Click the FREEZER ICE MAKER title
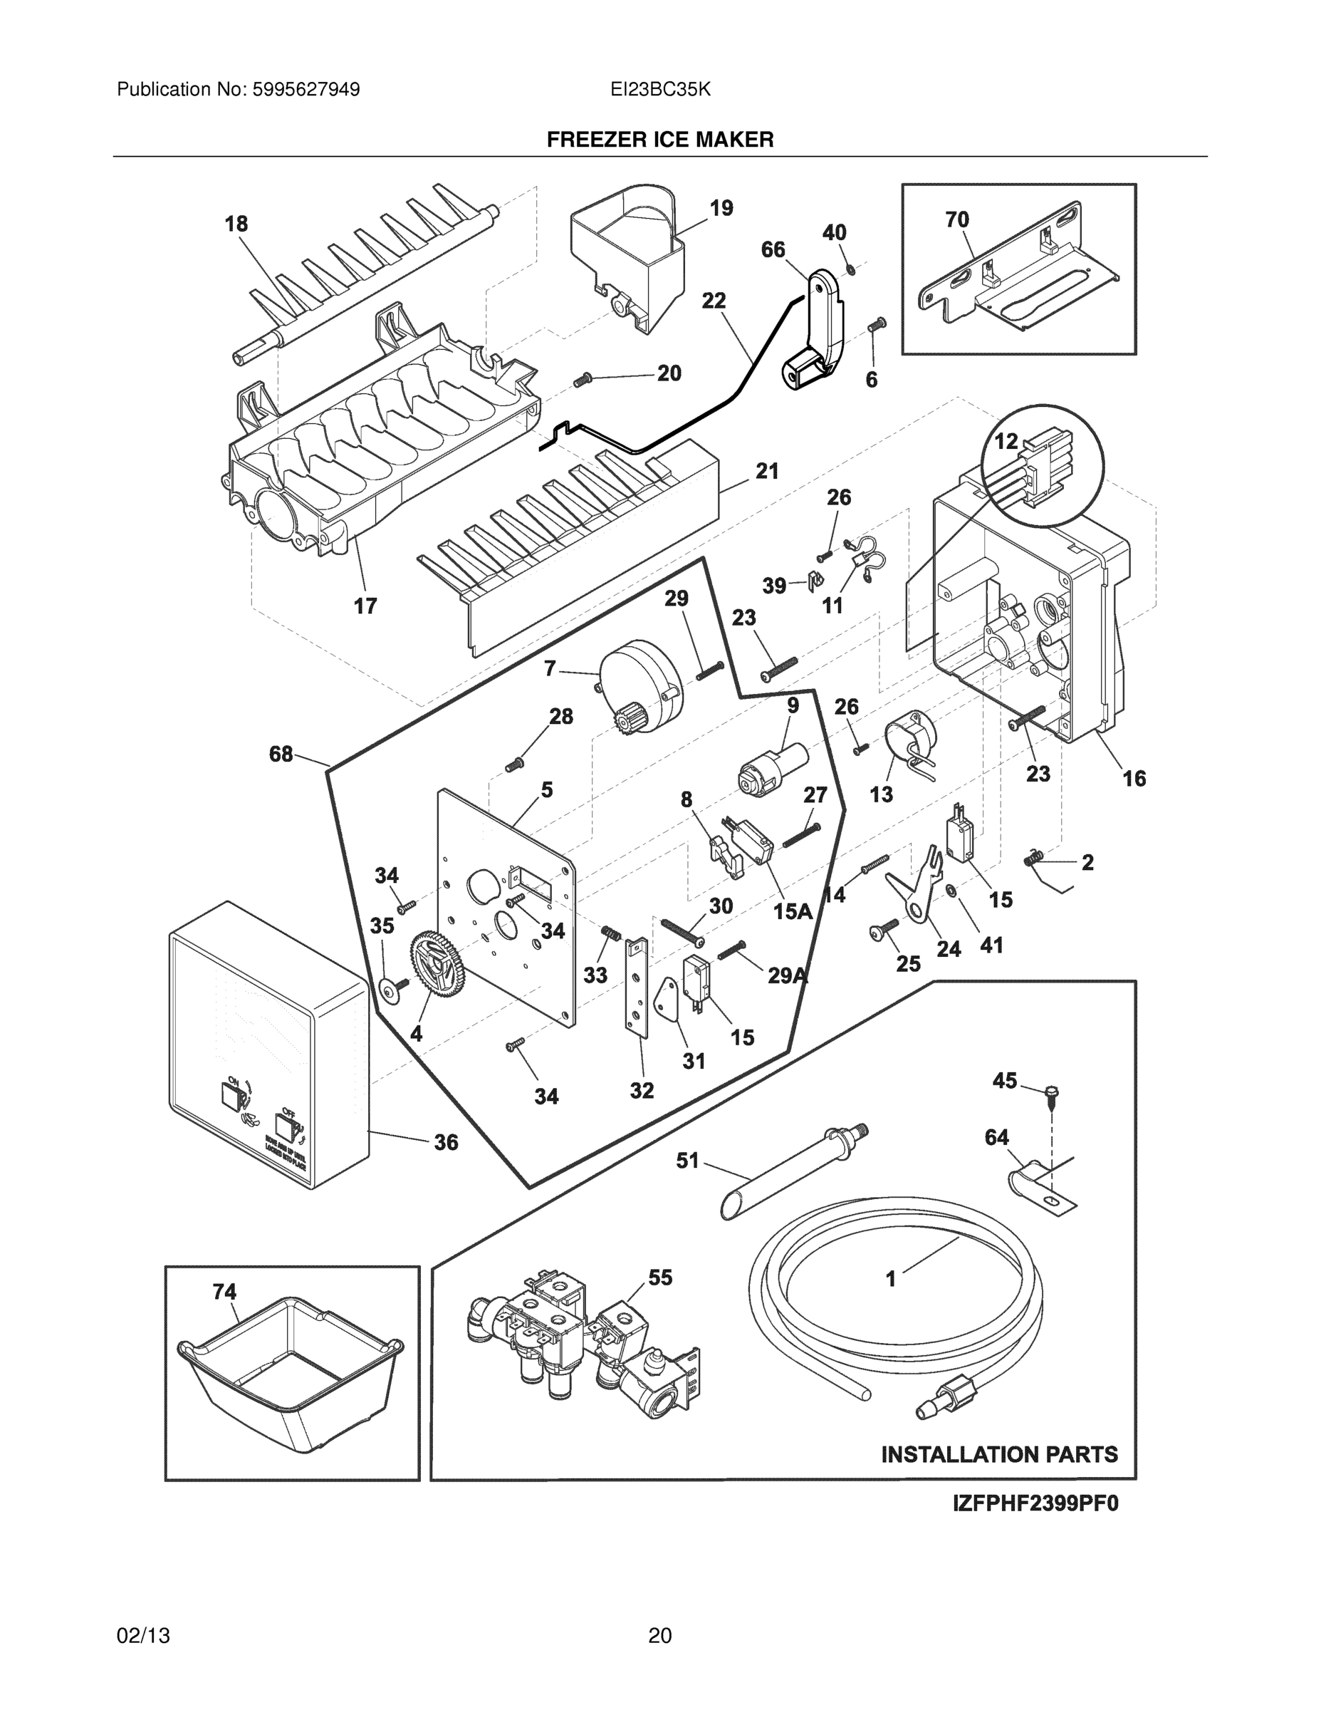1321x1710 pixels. point(659,140)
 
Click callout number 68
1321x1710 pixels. point(281,754)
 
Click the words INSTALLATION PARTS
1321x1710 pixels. point(999,1455)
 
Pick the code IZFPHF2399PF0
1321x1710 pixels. point(1035,1504)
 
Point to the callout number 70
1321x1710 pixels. point(957,220)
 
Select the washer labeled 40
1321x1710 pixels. point(851,270)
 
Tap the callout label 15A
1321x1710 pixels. point(792,911)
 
